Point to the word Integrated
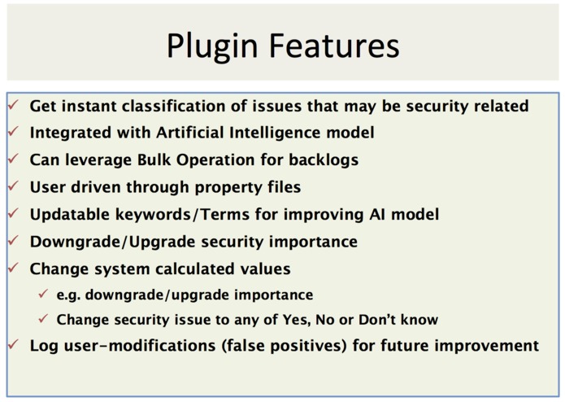click(71, 133)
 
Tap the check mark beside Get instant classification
click(14, 106)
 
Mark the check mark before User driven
click(14, 187)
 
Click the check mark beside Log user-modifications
click(14, 345)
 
